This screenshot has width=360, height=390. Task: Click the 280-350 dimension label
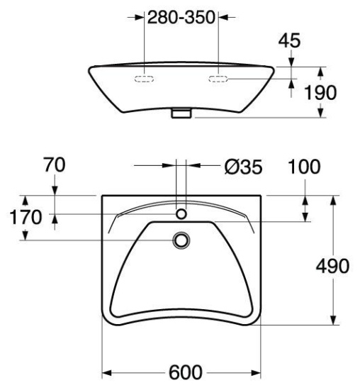tap(181, 18)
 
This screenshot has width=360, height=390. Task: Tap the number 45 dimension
tap(289, 40)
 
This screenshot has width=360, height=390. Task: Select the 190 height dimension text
tap(320, 92)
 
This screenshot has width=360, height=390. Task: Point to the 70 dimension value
tap(55, 165)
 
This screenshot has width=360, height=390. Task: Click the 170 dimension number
tap(26, 217)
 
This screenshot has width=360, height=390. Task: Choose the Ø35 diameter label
tap(243, 167)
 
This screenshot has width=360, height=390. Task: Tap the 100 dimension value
tap(304, 167)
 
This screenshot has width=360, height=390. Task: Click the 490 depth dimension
tap(332, 266)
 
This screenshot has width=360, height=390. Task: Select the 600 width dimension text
tap(186, 372)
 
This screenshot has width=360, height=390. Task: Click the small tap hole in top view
tap(181, 214)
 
